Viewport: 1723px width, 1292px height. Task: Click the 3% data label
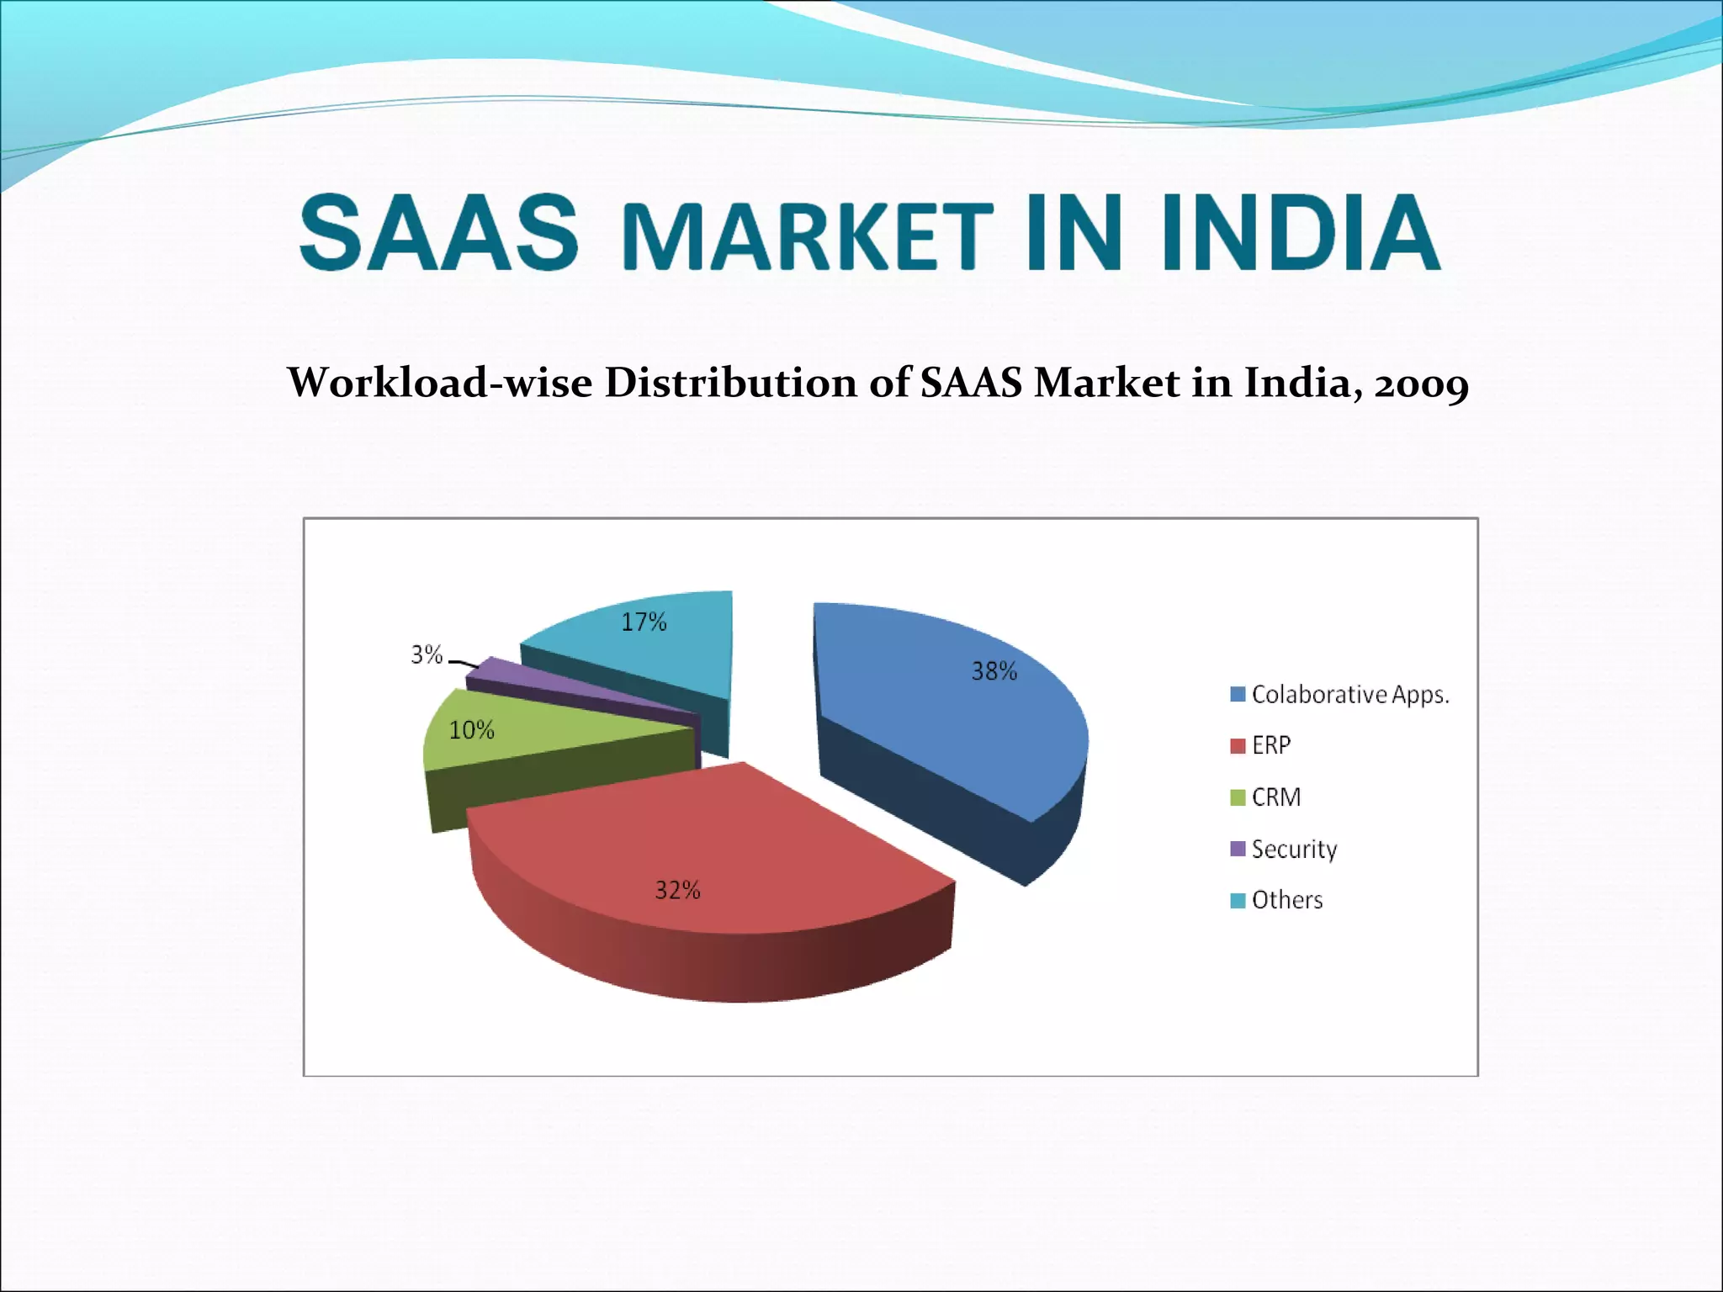click(427, 654)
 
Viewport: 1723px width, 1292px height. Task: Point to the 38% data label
click(994, 671)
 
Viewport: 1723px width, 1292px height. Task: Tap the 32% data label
click(677, 890)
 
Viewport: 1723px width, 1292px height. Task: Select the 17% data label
click(644, 622)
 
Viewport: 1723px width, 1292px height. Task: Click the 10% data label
click(471, 730)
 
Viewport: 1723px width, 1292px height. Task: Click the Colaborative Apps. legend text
click(1349, 695)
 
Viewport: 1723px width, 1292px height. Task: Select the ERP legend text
click(1270, 745)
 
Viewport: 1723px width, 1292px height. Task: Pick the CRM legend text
click(1275, 797)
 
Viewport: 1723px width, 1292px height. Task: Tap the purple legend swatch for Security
click(1238, 849)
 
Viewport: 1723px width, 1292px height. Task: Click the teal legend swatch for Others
click(1238, 900)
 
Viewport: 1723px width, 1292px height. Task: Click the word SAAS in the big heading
click(439, 233)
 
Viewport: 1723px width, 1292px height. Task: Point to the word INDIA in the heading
click(1301, 233)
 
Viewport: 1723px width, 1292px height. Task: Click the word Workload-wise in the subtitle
click(440, 383)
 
